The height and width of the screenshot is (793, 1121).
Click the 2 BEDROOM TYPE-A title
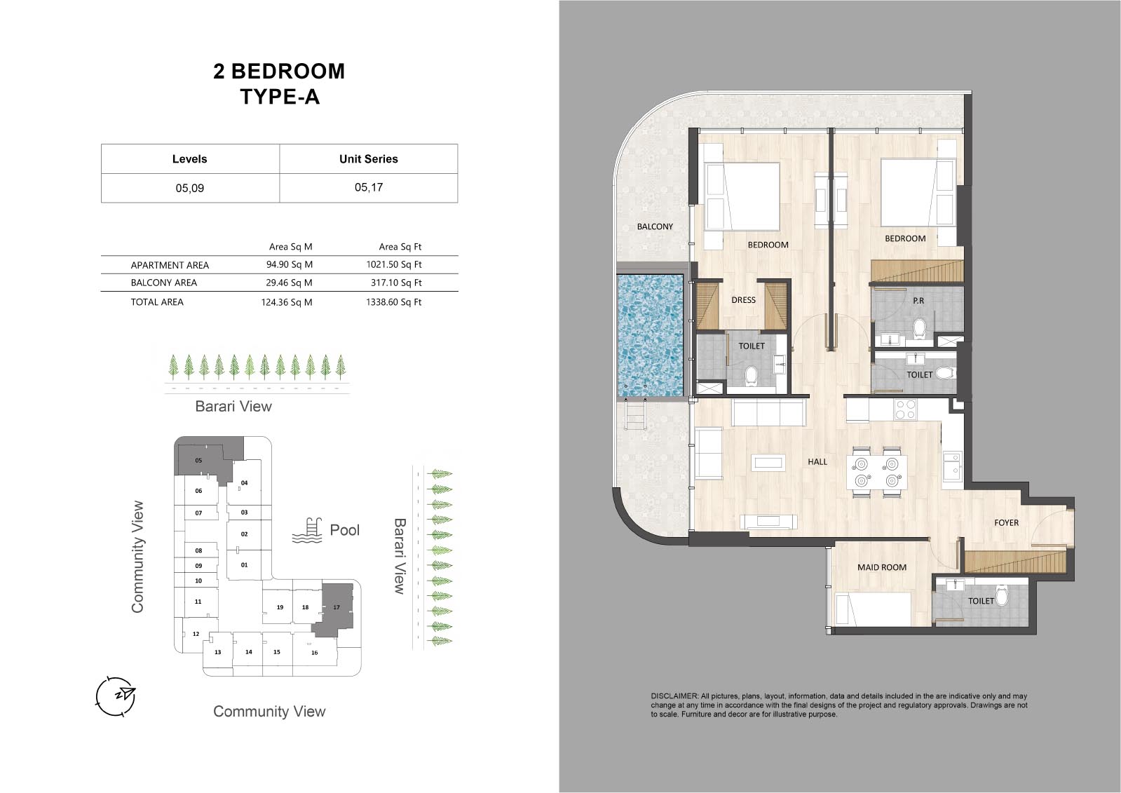click(x=279, y=83)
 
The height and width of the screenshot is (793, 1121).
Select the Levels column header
click(x=190, y=159)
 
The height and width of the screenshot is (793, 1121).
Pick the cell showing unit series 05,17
click(x=369, y=188)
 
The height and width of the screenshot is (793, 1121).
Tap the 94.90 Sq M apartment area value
click(x=290, y=264)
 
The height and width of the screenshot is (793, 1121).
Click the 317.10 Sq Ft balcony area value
click(x=396, y=283)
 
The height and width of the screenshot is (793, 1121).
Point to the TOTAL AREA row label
click(x=157, y=302)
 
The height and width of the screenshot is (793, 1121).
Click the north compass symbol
click(x=116, y=696)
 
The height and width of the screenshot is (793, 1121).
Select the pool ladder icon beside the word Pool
click(x=306, y=531)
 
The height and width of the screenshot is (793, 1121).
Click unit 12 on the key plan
click(x=196, y=634)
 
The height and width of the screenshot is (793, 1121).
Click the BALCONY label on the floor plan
click(x=655, y=226)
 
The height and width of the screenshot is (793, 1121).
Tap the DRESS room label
click(x=743, y=300)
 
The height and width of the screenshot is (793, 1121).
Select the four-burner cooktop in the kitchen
click(x=905, y=409)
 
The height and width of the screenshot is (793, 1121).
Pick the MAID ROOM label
click(x=882, y=567)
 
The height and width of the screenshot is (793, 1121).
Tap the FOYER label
click(x=1007, y=522)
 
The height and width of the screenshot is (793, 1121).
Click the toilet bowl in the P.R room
click(x=919, y=329)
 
